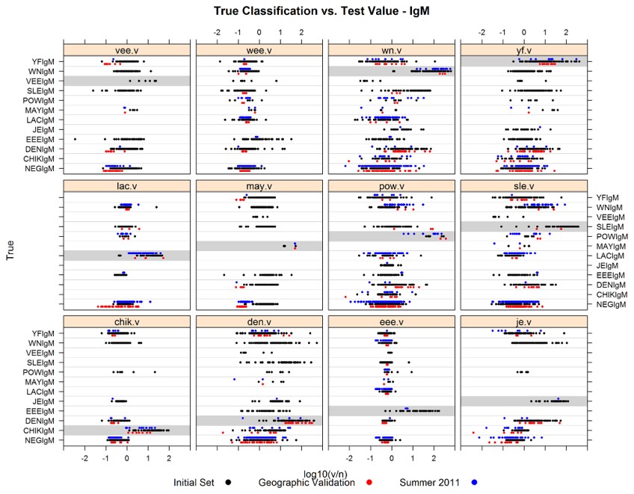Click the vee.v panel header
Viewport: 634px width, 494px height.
(x=126, y=50)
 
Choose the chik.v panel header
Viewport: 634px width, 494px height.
(x=126, y=321)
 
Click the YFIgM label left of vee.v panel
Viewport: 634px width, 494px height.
(x=46, y=61)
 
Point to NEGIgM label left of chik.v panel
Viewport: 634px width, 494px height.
(x=44, y=440)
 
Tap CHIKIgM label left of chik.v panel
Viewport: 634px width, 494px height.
(x=43, y=430)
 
